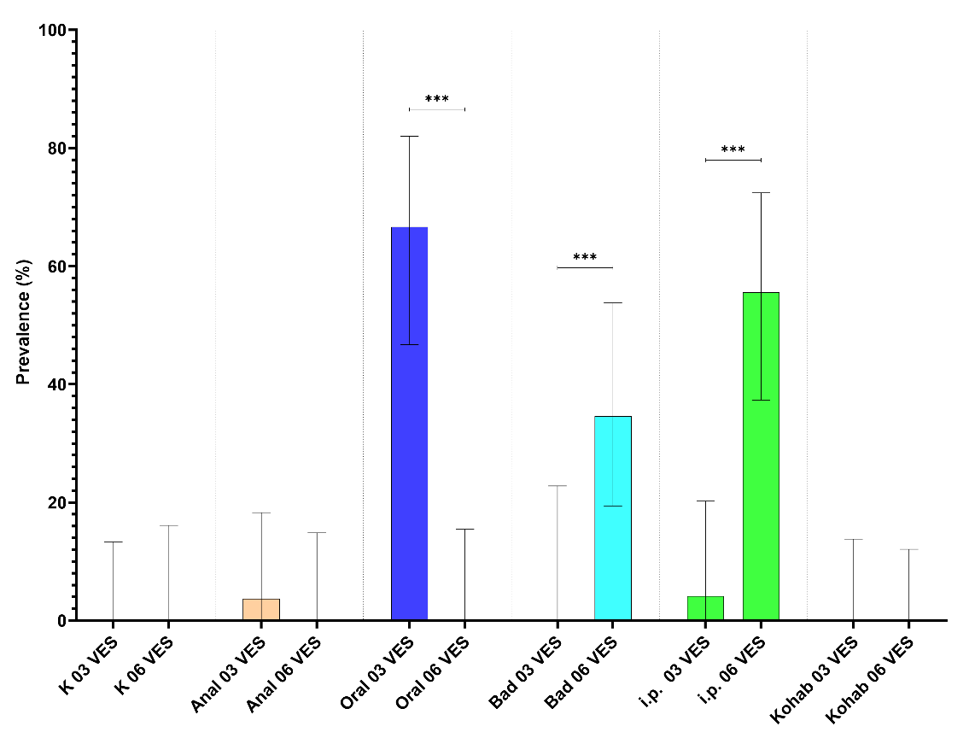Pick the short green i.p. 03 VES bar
705,608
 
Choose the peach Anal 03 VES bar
261,609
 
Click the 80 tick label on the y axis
55,149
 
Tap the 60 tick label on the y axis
55,266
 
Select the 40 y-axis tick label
55,384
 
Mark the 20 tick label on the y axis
55,502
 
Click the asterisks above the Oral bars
436,100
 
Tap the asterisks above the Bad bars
585,258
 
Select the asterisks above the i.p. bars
733,151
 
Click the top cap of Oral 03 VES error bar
409,136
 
